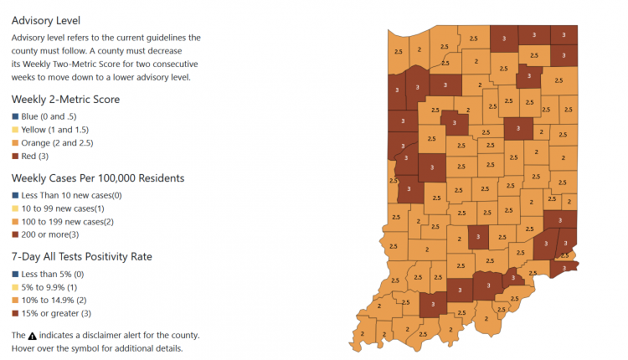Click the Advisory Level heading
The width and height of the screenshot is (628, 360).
coord(51,20)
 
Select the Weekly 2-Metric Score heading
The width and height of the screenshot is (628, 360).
coord(65,99)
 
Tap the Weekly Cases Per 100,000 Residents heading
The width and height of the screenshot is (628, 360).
coord(97,177)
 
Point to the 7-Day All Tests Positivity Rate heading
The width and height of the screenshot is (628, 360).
coord(90,256)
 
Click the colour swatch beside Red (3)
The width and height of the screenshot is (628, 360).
coord(15,157)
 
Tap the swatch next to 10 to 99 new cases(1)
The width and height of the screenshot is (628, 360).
coord(15,208)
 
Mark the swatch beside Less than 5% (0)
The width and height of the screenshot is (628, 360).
coord(15,273)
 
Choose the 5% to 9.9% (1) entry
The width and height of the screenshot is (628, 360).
coord(54,287)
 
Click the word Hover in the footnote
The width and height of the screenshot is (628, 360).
coord(25,348)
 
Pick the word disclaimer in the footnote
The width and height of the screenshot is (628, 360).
coord(105,335)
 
